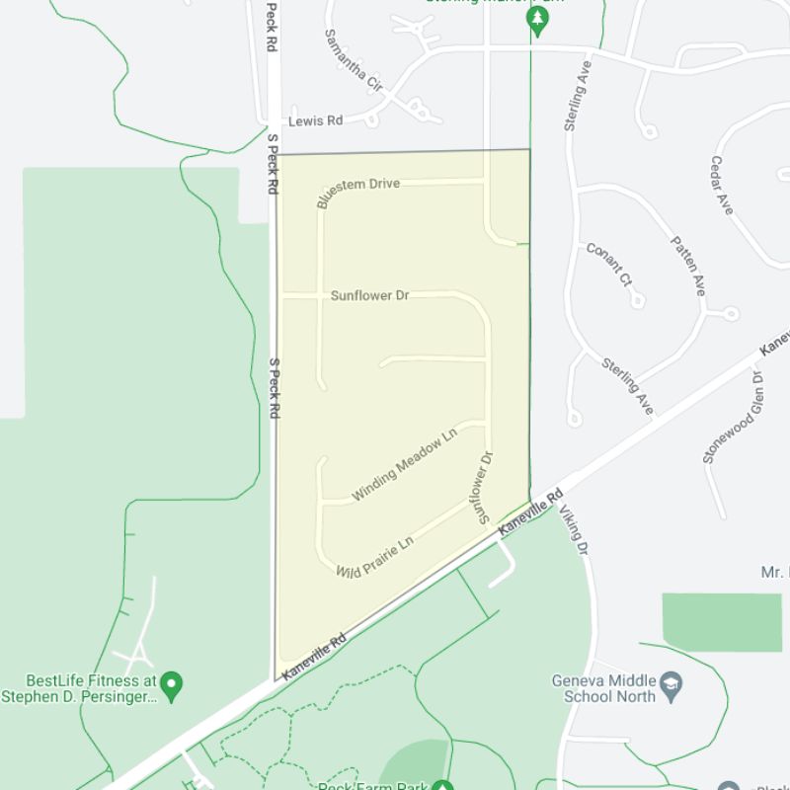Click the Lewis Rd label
pyautogui.click(x=315, y=120)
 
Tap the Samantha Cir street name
pyautogui.click(x=353, y=61)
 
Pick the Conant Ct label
pyautogui.click(x=609, y=265)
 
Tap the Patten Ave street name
pyautogui.click(x=688, y=265)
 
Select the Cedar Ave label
pyautogui.click(x=722, y=185)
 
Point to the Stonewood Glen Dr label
pyautogui.click(x=732, y=418)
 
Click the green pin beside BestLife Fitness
pyautogui.click(x=172, y=682)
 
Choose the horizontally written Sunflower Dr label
pyautogui.click(x=369, y=295)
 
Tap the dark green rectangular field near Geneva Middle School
pyautogui.click(x=722, y=622)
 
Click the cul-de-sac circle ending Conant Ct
pyautogui.click(x=638, y=300)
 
